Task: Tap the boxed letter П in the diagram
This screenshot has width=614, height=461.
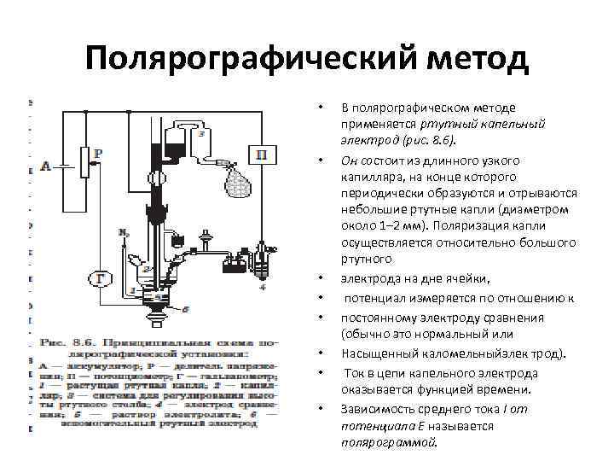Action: point(260,155)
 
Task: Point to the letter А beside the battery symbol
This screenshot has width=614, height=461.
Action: point(45,166)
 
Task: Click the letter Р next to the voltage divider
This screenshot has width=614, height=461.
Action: point(98,153)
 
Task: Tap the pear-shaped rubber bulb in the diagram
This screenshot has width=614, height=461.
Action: point(236,181)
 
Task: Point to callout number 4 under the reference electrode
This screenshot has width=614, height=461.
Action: point(263,288)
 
